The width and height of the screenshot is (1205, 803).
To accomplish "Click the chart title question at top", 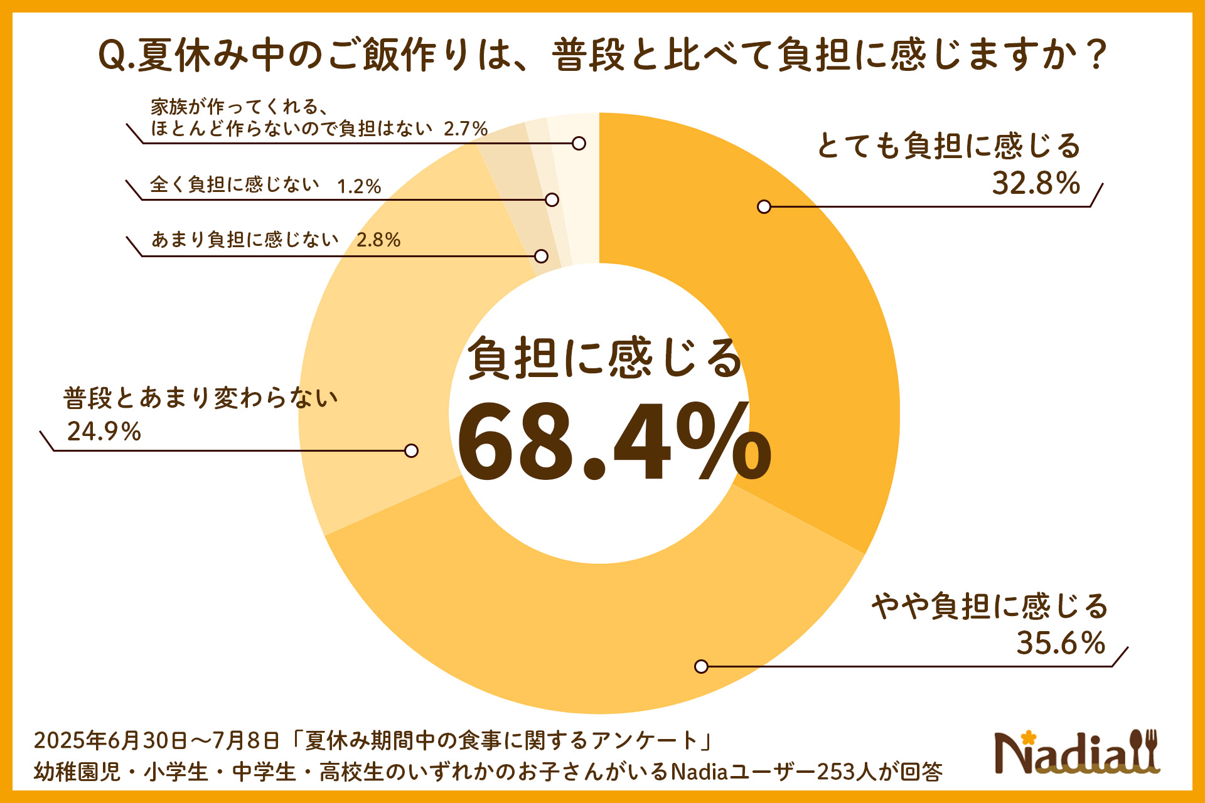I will (602, 55).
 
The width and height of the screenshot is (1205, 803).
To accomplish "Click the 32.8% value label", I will (1036, 183).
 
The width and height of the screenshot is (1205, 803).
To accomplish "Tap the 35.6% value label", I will (1061, 643).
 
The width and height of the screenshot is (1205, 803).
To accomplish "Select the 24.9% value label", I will (104, 432).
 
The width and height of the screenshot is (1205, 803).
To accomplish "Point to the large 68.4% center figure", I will (614, 442).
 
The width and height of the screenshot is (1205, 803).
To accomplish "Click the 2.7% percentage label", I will (465, 129).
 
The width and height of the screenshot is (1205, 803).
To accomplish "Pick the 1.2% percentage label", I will (359, 186).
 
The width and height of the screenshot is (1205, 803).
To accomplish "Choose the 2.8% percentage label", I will (378, 240).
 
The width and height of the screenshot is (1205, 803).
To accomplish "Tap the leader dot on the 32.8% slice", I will (764, 206).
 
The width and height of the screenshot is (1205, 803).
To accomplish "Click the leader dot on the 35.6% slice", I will (702, 666).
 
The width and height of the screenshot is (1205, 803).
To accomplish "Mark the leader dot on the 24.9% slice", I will (411, 450).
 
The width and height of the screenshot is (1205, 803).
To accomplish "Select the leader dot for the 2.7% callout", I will (579, 143).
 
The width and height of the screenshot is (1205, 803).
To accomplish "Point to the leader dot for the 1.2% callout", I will (552, 199).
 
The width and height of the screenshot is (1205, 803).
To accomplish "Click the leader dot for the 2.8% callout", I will (541, 256).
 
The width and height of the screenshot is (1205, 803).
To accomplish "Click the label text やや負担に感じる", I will (989, 606).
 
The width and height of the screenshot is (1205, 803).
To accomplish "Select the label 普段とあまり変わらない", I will (201, 398).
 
